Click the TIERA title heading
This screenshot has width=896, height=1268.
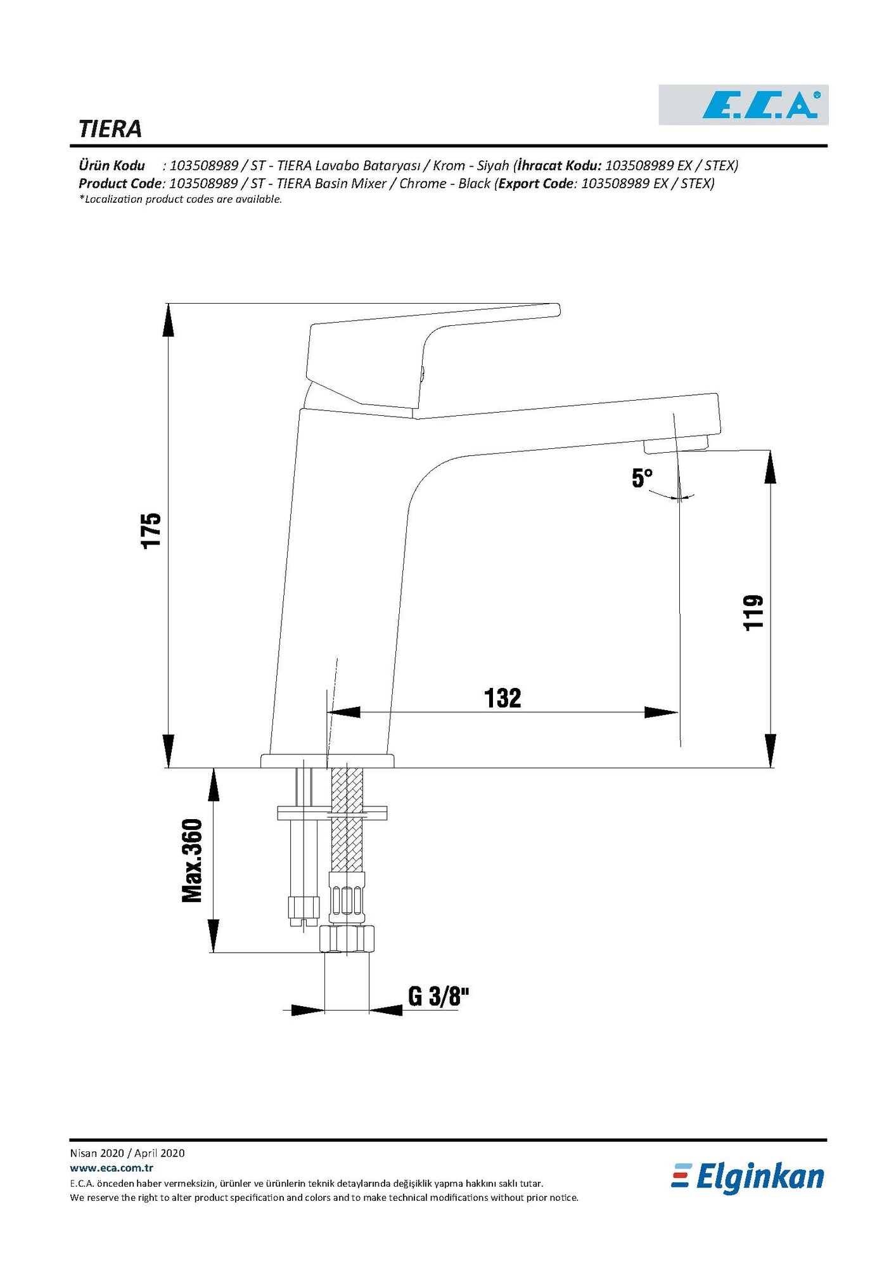click(x=110, y=129)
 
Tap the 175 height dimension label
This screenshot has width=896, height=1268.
click(x=151, y=531)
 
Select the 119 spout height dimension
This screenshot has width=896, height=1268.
click(x=753, y=612)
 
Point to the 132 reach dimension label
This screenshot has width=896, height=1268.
click(x=502, y=698)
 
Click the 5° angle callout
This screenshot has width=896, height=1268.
click(x=642, y=478)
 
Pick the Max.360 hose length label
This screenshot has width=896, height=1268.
click(x=192, y=860)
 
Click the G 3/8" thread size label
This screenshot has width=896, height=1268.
click(x=438, y=996)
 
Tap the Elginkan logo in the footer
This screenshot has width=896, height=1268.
click(x=748, y=1177)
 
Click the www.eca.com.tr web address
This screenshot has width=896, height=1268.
click(x=112, y=1168)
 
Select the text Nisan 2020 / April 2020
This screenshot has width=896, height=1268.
click(x=127, y=1153)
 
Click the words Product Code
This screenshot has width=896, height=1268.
click(x=120, y=184)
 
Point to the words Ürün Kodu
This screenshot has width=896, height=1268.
click(x=112, y=166)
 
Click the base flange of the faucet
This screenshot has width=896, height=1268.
click(x=327, y=760)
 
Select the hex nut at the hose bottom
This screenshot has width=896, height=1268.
click(x=347, y=938)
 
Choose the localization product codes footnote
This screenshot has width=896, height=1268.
click(x=180, y=200)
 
